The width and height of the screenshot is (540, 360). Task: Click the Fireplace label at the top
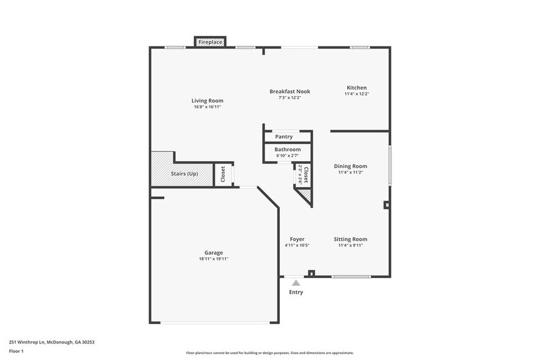(210, 42)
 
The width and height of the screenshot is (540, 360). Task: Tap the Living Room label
(207, 100)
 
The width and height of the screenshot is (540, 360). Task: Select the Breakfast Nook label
(290, 91)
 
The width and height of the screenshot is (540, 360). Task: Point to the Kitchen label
(356, 88)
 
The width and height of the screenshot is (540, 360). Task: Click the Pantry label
(283, 137)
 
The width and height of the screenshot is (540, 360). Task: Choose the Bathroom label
(287, 149)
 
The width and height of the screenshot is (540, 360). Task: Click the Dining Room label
(350, 166)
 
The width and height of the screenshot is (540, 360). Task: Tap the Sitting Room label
(350, 239)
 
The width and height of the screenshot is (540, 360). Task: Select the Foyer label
(297, 239)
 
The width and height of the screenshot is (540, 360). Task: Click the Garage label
(214, 252)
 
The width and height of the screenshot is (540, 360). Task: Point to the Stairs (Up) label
(184, 174)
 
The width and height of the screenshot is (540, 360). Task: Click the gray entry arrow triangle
(296, 283)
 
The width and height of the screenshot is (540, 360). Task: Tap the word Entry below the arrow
(296, 292)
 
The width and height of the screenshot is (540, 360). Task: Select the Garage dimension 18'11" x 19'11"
(214, 259)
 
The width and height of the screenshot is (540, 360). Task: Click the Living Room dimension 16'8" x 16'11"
(207, 107)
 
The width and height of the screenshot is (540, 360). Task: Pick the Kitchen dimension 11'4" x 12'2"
(356, 94)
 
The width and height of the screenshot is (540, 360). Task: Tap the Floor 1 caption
(16, 351)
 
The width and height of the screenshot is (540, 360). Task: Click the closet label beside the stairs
(223, 174)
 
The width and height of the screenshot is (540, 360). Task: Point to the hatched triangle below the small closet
(306, 195)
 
